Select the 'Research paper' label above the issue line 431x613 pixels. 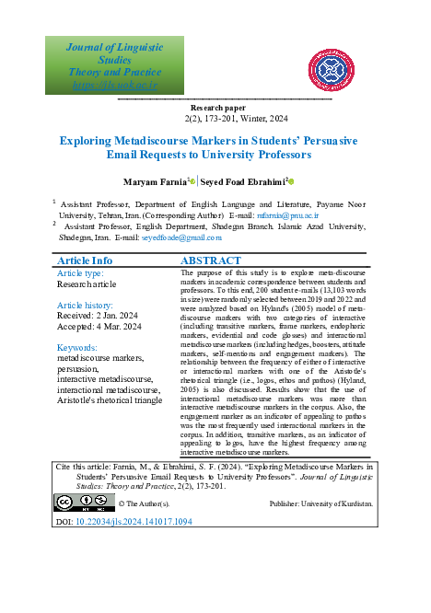click(x=215, y=108)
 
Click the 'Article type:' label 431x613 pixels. click(x=81, y=274)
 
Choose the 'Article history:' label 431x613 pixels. click(x=86, y=305)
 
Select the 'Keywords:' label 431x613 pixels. click(x=76, y=348)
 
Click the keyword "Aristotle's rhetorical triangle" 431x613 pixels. click(x=110, y=401)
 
